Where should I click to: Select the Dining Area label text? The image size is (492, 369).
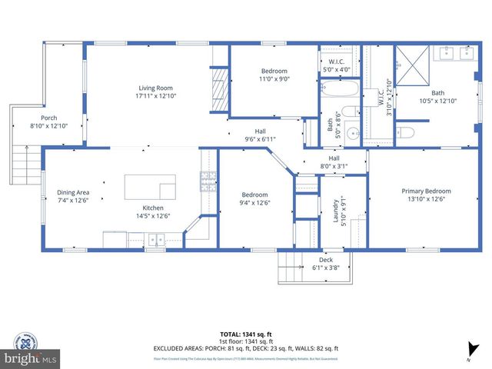tap(74, 197)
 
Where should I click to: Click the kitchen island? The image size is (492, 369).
tap(150, 187)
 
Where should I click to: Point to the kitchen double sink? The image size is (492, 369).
tap(157, 240)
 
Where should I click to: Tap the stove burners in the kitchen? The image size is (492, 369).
tap(208, 181)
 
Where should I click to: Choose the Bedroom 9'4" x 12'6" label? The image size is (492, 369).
tap(254, 198)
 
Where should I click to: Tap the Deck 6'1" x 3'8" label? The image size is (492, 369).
tap(326, 264)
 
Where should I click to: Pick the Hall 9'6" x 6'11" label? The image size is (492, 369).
tap(260, 135)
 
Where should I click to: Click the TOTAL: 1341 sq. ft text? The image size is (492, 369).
tap(245, 333)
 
